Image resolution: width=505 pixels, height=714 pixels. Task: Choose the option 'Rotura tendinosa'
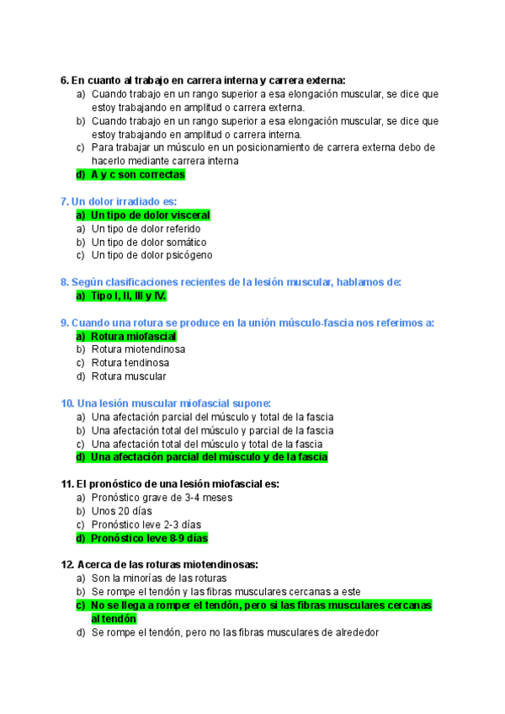tap(130, 363)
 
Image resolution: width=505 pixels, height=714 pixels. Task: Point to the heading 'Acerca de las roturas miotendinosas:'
tap(159, 564)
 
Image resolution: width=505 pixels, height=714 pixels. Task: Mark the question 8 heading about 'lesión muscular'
tap(231, 282)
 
